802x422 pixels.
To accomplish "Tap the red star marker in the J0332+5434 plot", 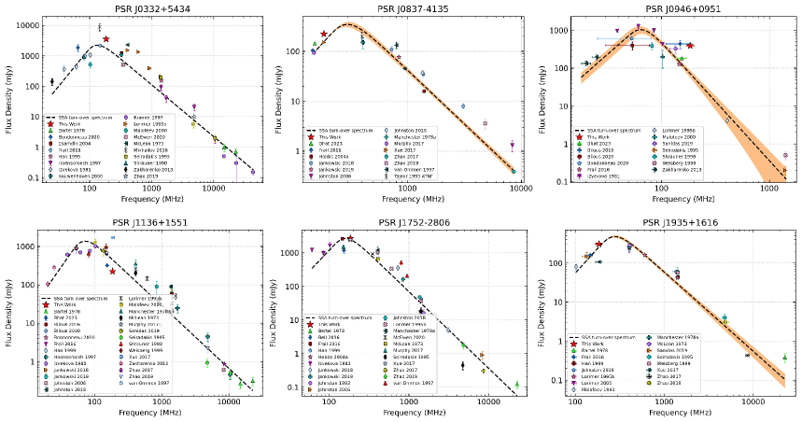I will (x=106, y=39).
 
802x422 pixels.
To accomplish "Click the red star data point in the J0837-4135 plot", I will (x=324, y=34).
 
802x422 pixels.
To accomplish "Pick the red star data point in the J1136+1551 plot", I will (x=112, y=271).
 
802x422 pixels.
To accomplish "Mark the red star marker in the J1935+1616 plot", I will (x=598, y=245).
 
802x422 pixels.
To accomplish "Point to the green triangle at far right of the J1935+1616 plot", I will (x=784, y=356).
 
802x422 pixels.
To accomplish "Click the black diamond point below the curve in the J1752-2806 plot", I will (x=463, y=365).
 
